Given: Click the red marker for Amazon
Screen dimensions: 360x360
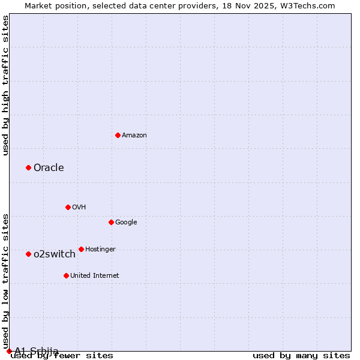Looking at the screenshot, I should [x=118, y=135].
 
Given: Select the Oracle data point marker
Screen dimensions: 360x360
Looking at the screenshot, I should [x=28, y=167].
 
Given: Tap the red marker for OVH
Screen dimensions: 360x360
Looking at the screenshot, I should [x=68, y=207].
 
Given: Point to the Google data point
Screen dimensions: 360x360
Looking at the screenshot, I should [x=111, y=222].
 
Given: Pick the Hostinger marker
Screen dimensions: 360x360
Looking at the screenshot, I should [x=81, y=249].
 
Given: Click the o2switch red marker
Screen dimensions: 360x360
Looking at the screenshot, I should [x=28, y=254].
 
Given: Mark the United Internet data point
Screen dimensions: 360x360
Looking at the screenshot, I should [x=66, y=275].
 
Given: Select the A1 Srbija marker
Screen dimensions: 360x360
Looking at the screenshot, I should [x=9, y=351].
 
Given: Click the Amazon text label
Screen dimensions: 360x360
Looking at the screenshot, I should [x=134, y=135].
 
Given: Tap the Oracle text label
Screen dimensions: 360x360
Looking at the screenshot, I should [x=49, y=167].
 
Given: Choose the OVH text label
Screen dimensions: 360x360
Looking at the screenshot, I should [x=79, y=207].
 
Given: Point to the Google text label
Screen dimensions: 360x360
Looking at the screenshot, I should [x=126, y=222].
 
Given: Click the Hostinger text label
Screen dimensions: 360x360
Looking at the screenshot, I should [x=100, y=249].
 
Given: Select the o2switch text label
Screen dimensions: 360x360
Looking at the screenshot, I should [x=55, y=254].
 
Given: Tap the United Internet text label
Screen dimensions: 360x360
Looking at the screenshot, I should [x=95, y=275].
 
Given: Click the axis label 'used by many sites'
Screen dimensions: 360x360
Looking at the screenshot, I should [x=301, y=355].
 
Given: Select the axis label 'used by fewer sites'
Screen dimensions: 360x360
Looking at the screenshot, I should [x=62, y=355].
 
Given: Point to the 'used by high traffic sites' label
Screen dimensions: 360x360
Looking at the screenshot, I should [x=6, y=85].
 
